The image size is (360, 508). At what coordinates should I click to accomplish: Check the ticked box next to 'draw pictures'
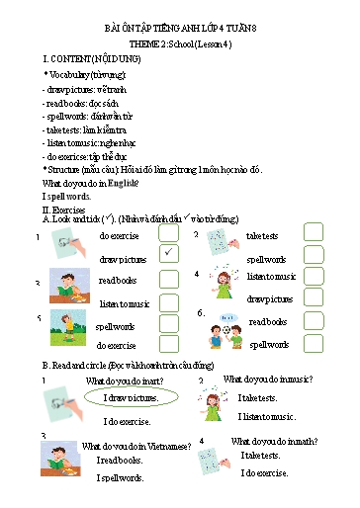click(169, 255)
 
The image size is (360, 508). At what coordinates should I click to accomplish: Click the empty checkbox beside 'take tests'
click(314, 234)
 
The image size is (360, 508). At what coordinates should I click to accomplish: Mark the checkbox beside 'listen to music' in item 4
click(314, 277)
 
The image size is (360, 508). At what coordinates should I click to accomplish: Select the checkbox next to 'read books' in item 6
click(314, 322)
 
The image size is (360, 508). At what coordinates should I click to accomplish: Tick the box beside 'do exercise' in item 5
click(169, 346)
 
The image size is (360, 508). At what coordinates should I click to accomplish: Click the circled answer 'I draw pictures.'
click(131, 398)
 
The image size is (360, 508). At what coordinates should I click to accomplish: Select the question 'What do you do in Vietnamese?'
click(135, 446)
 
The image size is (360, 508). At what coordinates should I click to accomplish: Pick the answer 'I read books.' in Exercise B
click(119, 461)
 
